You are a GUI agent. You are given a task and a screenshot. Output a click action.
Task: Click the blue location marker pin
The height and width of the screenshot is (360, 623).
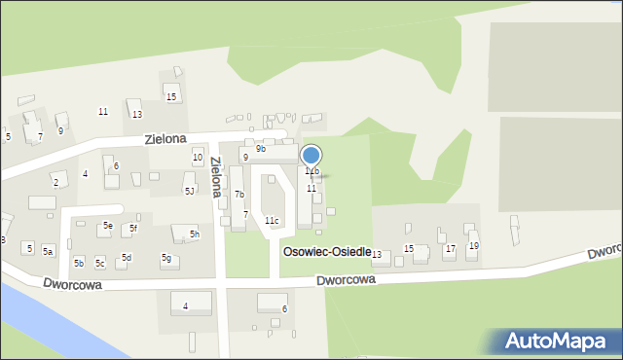(311, 156)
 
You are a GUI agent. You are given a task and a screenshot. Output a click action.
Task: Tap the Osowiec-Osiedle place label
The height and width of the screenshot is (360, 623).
(326, 252)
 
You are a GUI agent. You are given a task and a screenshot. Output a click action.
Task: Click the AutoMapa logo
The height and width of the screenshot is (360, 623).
(560, 341)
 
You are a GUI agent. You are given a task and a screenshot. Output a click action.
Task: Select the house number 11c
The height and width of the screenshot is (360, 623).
(272, 221)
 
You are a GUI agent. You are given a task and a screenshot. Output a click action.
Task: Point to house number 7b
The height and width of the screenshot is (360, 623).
(238, 195)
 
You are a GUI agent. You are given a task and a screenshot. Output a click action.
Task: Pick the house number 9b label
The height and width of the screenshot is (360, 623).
(261, 149)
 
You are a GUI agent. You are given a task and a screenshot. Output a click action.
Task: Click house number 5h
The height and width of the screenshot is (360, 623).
(195, 234)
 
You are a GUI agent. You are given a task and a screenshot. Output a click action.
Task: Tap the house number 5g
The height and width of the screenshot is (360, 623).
(166, 258)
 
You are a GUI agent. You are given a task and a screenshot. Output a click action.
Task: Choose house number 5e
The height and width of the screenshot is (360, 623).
(108, 226)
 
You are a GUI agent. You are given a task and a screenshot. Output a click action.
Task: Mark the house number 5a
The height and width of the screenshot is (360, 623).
(47, 251)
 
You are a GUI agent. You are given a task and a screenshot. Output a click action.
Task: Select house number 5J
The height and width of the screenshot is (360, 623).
(190, 191)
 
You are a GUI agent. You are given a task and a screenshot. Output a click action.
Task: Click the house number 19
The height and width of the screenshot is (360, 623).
(474, 246)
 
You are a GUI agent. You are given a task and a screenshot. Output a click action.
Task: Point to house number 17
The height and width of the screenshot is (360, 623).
(450, 249)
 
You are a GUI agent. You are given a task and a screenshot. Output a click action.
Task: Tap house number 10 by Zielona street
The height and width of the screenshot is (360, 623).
(198, 158)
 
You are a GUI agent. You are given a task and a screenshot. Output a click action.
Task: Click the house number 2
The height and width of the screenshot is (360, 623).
(55, 183)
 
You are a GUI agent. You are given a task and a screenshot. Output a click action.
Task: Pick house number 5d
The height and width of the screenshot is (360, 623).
(126, 258)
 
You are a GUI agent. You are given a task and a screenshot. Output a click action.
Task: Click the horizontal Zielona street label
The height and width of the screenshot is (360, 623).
(165, 139)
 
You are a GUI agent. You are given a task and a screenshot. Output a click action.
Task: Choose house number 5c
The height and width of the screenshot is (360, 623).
(100, 264)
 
